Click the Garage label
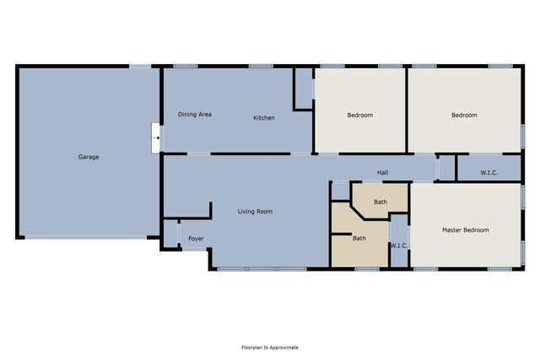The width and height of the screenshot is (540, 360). (89, 157)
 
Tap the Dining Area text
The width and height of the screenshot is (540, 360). (194, 114)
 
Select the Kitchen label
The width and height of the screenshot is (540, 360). (264, 118)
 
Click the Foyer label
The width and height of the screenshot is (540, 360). (196, 239)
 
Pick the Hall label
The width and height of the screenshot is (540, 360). (382, 173)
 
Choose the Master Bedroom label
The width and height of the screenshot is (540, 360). (465, 229)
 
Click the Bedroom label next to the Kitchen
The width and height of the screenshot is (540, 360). (360, 115)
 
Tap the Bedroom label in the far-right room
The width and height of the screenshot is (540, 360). (463, 115)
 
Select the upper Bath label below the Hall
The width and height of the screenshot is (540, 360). (381, 202)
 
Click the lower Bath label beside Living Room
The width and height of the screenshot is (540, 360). (359, 238)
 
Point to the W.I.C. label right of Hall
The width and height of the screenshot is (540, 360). (489, 173)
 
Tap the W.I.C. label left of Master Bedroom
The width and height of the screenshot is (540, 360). (399, 245)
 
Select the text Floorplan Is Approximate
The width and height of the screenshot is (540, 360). (270, 347)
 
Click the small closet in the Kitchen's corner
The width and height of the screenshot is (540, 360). (303, 87)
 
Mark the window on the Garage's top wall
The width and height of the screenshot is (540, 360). (140, 67)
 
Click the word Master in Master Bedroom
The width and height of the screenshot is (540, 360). (453, 229)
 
